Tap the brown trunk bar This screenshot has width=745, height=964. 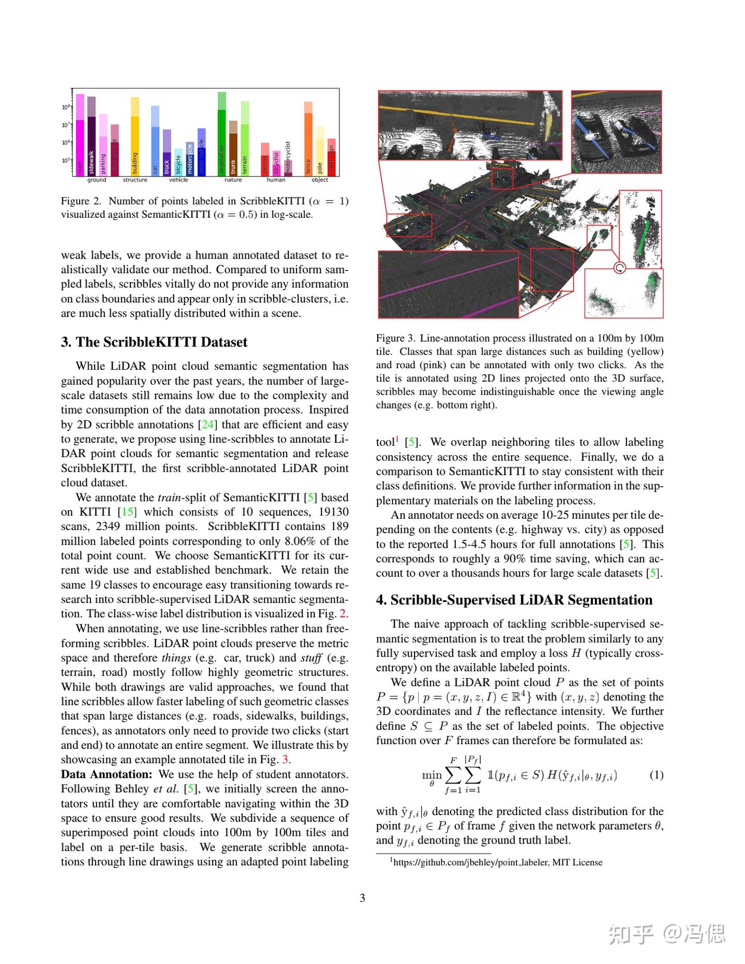pos(233,150)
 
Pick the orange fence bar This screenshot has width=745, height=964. pos(308,140)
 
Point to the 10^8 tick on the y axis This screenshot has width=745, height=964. pos(66,107)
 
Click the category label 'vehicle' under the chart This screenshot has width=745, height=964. pos(178,180)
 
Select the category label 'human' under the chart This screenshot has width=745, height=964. pos(276,180)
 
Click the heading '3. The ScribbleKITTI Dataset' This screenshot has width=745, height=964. pos(154,342)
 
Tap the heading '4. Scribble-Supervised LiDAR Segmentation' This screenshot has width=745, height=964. pos(514,600)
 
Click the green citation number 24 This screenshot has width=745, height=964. pos(208,425)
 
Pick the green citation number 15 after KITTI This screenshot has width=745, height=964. pos(127,512)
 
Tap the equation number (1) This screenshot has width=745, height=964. pos(656,775)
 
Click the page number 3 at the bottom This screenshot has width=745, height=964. pos(362,898)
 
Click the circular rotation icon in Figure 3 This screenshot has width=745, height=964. pos(619,267)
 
